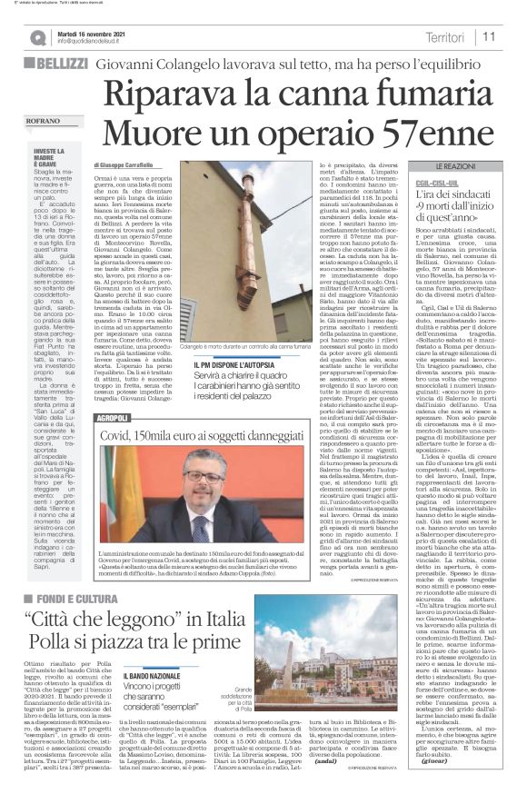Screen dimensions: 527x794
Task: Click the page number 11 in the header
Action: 488,36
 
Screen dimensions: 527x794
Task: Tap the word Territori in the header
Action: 444,36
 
